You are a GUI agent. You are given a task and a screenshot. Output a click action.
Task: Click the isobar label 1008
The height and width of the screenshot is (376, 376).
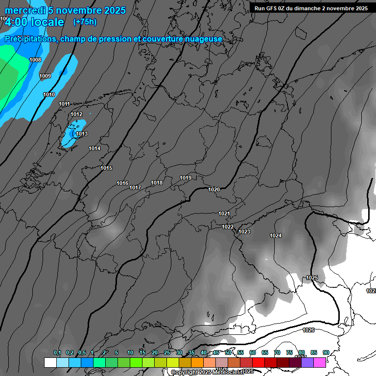click(35, 60)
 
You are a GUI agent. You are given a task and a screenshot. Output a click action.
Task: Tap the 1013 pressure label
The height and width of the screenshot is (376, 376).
click(82, 134)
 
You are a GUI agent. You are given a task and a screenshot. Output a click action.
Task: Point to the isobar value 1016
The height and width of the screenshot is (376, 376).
click(122, 183)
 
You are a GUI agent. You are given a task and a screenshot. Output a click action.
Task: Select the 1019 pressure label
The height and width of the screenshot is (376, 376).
click(186, 178)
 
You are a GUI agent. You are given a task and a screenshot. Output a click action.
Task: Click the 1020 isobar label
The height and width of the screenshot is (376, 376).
click(214, 189)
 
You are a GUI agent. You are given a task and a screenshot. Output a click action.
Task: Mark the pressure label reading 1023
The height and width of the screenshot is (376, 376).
click(244, 232)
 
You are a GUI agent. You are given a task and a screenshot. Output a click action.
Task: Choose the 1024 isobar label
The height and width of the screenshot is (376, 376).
click(276, 235)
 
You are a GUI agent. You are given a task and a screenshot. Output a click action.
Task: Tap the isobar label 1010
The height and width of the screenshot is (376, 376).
click(49, 94)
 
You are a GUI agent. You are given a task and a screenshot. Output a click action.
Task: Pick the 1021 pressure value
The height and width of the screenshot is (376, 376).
click(224, 213)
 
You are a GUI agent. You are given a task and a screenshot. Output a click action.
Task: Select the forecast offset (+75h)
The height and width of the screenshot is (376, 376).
click(85, 22)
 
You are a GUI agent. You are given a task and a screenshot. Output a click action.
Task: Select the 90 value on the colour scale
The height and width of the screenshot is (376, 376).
click(326, 352)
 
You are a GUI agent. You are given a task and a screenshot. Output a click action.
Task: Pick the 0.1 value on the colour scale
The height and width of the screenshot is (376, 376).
click(57, 352)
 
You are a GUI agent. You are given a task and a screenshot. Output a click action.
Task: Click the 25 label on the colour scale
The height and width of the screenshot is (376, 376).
click(167, 352)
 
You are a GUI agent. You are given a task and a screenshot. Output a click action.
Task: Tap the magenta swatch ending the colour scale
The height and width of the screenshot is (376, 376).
click(320, 362)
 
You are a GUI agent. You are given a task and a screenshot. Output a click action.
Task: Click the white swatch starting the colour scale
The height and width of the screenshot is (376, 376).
click(50, 362)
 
